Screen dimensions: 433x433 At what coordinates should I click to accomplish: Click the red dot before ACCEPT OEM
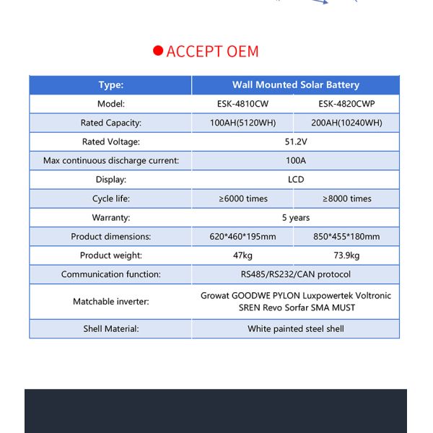158,51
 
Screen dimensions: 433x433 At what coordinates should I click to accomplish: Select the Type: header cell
110,85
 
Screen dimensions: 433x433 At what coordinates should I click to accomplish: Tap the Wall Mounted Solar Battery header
295,85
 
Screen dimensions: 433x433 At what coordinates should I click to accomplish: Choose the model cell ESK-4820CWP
346,104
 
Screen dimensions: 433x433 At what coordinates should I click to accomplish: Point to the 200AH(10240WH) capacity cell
346,123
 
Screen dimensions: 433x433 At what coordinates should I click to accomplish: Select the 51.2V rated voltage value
295,141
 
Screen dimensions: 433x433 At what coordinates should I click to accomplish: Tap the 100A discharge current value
295,160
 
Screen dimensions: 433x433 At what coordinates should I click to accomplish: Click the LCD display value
295,179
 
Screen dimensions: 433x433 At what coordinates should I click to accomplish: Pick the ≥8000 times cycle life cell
346,198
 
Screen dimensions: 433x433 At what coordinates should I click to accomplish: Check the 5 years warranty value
295,217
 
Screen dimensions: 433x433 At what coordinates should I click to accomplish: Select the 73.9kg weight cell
346,255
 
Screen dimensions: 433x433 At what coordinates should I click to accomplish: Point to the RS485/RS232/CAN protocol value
295,274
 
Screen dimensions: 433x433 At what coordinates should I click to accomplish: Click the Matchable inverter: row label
110,302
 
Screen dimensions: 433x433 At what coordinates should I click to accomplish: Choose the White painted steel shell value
295,329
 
